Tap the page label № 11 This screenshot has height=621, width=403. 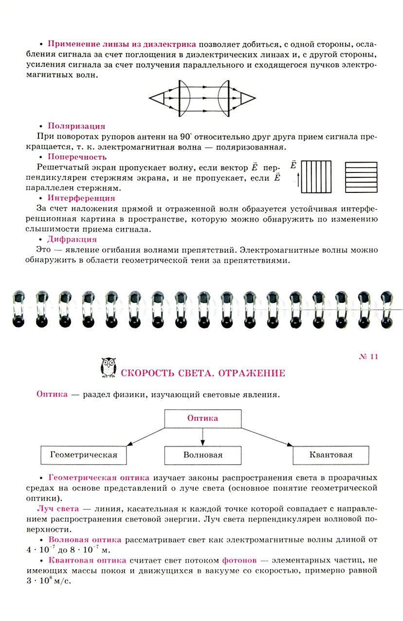[368, 357]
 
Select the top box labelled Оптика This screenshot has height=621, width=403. [203, 418]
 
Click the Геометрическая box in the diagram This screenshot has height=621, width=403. [84, 455]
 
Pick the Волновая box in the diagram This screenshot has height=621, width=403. [203, 455]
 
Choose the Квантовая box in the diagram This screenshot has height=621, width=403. [330, 455]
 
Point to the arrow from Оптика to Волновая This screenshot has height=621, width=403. [203, 436]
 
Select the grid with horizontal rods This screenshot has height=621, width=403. [361, 177]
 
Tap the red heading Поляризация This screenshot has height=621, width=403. [76, 126]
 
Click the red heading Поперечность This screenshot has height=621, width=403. [77, 157]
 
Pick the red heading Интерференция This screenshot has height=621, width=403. [81, 198]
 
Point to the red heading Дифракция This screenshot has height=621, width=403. [72, 239]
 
